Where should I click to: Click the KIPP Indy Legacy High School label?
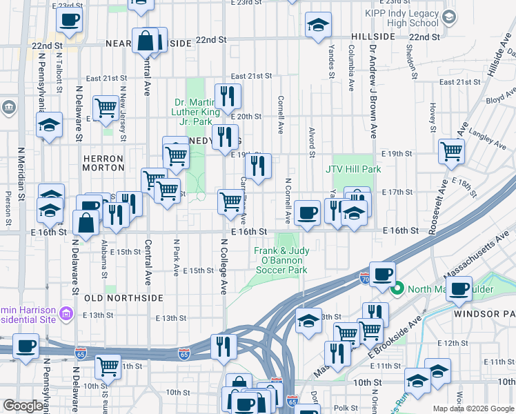(404, 18)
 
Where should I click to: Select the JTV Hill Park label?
(353, 169)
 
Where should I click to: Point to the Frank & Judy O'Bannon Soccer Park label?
(281, 261)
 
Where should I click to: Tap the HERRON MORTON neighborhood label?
(103, 164)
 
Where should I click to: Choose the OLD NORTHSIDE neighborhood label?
(124, 298)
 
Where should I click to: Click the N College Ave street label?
(224, 266)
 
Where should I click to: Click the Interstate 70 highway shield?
(364, 279)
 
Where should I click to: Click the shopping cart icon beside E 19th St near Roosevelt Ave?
(451, 150)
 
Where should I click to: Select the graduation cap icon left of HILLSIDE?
(317, 26)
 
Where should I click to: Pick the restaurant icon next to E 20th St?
(227, 96)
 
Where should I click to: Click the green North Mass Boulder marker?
(397, 289)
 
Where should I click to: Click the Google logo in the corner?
(23, 406)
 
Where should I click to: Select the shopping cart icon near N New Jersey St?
(106, 107)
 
